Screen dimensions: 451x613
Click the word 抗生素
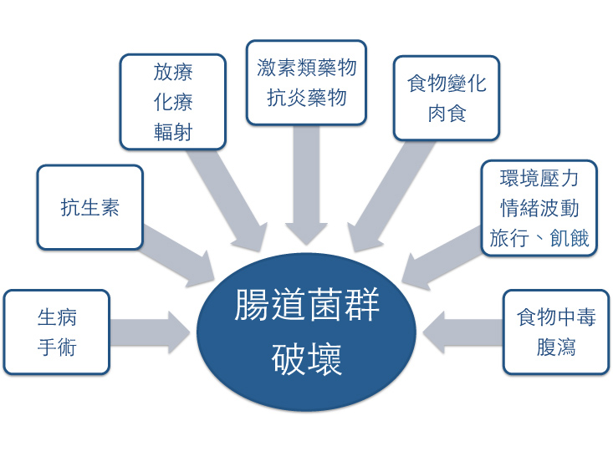[x=89, y=207]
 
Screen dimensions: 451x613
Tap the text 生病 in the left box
[x=58, y=318]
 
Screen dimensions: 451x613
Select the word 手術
[x=58, y=346]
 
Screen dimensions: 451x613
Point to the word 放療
[x=173, y=73]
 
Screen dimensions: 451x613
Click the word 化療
[x=173, y=102]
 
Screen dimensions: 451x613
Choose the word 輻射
[x=173, y=131]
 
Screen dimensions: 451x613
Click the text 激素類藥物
[x=306, y=68]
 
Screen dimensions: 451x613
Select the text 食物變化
[x=447, y=84]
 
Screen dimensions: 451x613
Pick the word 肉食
[x=447, y=113]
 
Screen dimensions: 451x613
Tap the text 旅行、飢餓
[x=539, y=237]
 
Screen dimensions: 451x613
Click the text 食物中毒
[x=556, y=318]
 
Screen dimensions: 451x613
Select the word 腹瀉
[x=556, y=347]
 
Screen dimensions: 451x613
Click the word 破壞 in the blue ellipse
[x=307, y=360]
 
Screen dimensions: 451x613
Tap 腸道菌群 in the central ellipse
[x=307, y=307]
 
